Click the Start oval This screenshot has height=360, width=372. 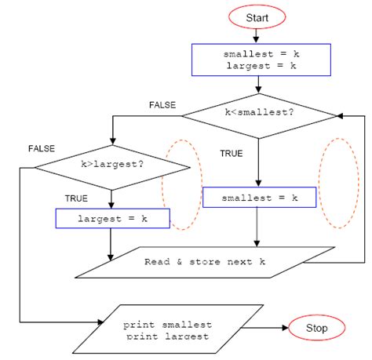[257, 16]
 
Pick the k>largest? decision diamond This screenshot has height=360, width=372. [111, 165]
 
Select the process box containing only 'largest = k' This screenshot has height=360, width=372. [112, 218]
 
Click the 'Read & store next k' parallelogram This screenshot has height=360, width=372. [204, 262]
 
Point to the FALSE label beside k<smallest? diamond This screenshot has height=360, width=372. [162, 104]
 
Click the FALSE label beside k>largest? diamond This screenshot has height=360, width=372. [41, 148]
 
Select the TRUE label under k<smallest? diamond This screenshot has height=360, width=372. [231, 154]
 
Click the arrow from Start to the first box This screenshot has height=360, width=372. [257, 35]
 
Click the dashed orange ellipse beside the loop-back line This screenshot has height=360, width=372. [338, 182]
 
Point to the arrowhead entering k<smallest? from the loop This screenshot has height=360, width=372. [341, 115]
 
